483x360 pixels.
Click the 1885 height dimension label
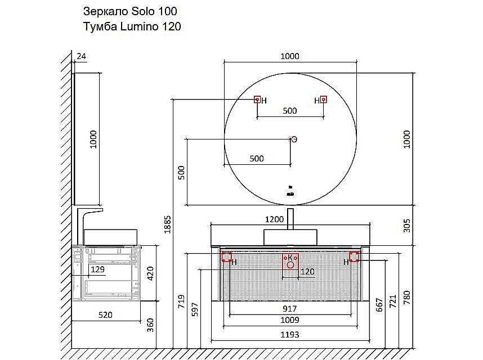[167, 224]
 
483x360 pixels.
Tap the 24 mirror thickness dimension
[81, 56]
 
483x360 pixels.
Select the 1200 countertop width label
[274, 219]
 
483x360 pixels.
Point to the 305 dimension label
[407, 226]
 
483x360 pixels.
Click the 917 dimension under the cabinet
[289, 309]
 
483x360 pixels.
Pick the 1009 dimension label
[289, 320]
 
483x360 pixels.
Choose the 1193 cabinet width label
[289, 335]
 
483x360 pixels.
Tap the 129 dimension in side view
[97, 269]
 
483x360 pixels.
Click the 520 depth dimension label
[105, 315]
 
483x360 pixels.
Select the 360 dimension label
[150, 325]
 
